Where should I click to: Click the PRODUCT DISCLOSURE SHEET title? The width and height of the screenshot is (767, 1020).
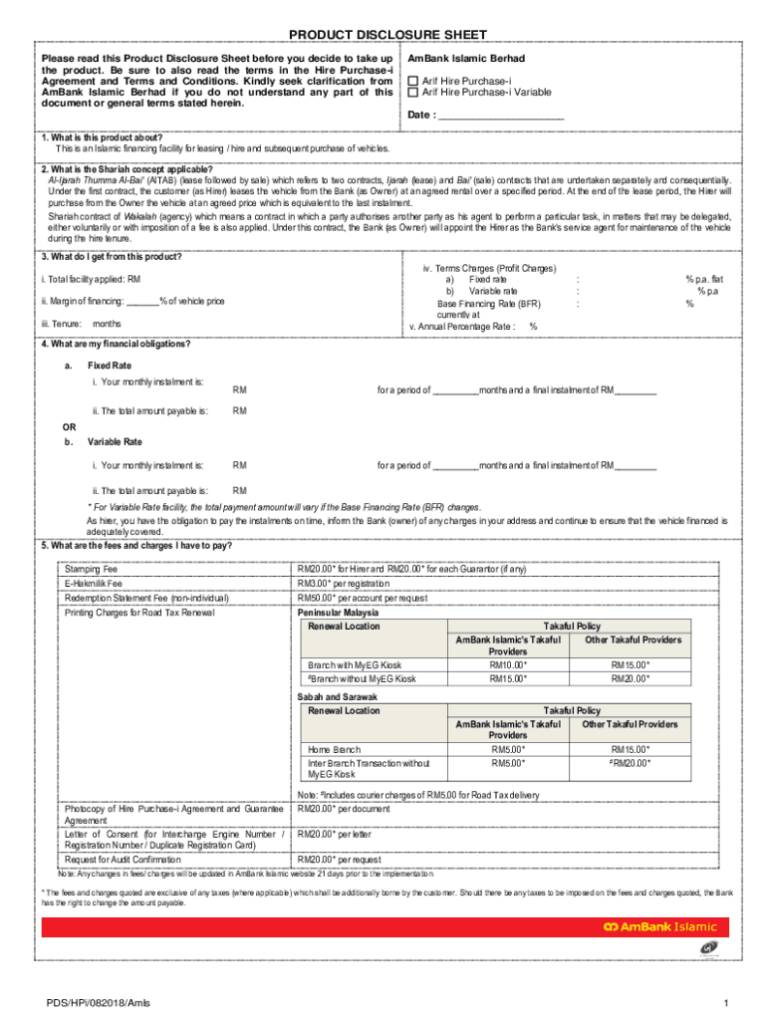[383, 36]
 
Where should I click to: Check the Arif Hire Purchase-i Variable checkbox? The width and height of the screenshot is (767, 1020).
[413, 93]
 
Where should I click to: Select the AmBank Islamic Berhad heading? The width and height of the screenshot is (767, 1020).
[466, 59]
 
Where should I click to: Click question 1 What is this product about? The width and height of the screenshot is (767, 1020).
[102, 137]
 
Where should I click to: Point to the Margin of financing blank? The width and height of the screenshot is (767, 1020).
[142, 301]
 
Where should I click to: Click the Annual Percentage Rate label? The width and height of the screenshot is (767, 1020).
[462, 326]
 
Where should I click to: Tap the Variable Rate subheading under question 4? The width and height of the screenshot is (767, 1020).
[115, 441]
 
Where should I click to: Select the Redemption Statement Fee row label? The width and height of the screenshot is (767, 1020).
[146, 598]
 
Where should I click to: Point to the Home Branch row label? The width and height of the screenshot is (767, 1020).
[334, 749]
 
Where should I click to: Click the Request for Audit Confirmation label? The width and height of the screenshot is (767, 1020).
[123, 859]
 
